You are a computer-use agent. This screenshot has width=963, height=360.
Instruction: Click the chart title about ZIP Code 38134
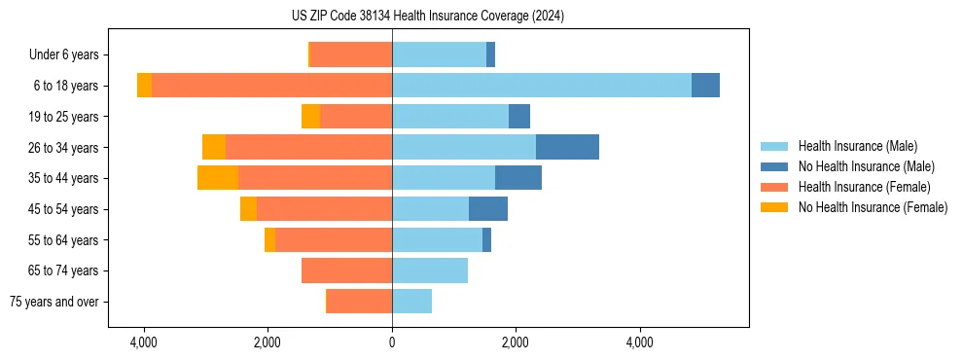click(427, 17)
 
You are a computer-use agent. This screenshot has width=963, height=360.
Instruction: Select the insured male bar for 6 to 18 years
click(542, 86)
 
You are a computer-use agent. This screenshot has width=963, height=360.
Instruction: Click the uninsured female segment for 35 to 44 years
click(218, 178)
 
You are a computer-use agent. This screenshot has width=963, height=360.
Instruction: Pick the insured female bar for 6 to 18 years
click(271, 86)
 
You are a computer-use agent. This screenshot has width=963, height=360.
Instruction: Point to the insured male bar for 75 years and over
click(411, 302)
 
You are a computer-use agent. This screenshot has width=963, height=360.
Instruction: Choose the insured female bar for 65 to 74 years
click(346, 270)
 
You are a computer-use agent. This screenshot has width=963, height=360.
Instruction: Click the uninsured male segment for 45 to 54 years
click(488, 209)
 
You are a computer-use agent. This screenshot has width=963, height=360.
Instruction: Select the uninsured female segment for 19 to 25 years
click(310, 117)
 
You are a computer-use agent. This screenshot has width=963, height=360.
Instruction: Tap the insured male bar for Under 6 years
click(439, 54)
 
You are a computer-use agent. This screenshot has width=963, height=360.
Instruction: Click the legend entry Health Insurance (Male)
click(857, 146)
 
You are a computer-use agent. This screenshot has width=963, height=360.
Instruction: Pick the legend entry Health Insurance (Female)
click(864, 187)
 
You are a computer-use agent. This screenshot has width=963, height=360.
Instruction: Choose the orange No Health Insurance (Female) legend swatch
click(775, 207)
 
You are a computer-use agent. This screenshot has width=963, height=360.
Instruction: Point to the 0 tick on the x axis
click(392, 342)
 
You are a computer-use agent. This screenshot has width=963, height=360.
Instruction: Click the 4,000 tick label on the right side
click(640, 342)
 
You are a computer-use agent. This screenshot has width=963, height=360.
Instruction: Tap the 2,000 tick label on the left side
click(267, 342)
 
